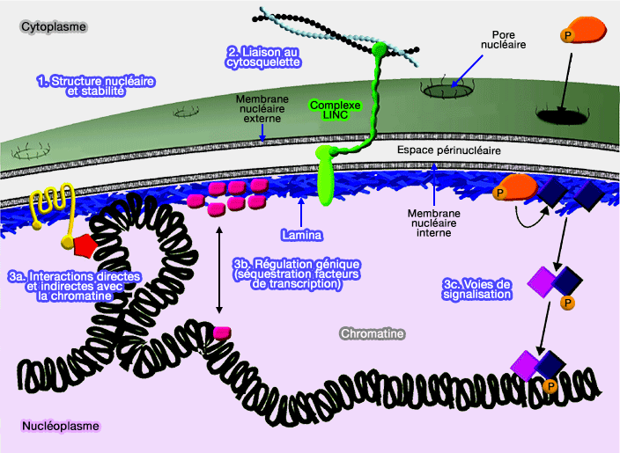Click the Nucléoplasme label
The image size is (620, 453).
60,427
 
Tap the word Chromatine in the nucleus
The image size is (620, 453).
372,334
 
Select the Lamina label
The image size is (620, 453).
300,235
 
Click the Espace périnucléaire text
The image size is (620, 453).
449,151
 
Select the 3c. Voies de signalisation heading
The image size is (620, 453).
476,289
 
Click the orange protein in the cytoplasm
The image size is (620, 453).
584,33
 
